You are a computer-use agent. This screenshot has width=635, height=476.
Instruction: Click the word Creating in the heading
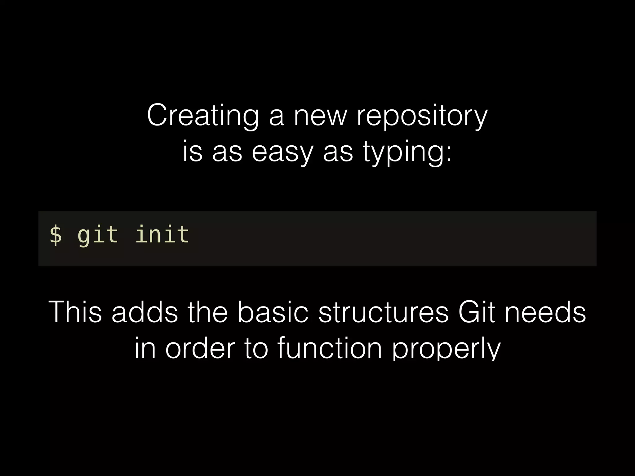(203, 116)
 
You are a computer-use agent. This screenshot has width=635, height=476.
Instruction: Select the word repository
(422, 116)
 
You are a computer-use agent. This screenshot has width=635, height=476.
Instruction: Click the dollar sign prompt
(56, 235)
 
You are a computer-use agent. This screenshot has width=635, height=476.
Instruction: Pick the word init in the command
(162, 235)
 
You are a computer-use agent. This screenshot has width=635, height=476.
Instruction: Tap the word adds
(144, 312)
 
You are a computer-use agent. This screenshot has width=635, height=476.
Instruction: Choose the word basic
(273, 312)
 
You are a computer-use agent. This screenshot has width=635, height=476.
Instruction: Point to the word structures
(384, 312)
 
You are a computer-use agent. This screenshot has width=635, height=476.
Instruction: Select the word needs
(545, 312)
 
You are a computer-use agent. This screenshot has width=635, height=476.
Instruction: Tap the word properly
(446, 348)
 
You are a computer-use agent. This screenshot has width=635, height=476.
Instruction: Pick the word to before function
(256, 348)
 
